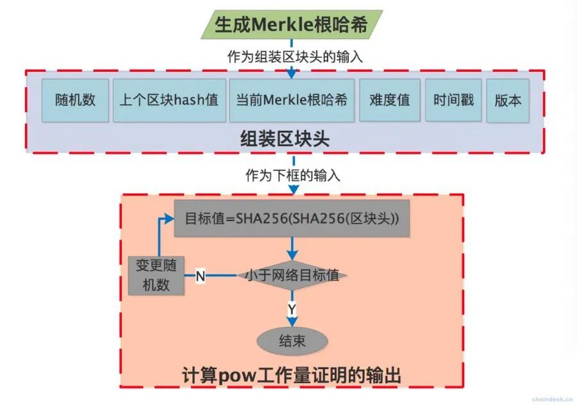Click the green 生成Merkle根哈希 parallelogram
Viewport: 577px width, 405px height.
(x=292, y=24)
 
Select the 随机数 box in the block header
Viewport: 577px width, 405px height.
(x=75, y=100)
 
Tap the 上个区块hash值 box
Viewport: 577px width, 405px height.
(x=169, y=100)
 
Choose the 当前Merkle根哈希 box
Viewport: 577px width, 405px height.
(x=292, y=100)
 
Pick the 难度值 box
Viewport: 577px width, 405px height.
(x=390, y=100)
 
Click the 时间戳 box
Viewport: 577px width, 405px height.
(x=453, y=100)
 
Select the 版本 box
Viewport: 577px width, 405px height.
(x=508, y=101)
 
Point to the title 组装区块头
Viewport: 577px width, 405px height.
(x=285, y=139)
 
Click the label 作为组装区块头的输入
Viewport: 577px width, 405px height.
(x=295, y=56)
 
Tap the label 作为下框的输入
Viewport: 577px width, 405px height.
(x=293, y=175)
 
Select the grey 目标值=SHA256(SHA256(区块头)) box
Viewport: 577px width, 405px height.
(x=292, y=219)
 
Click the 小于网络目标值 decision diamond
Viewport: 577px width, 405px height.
(x=292, y=276)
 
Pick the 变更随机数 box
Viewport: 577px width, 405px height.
(x=156, y=276)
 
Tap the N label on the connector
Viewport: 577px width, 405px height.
(x=201, y=276)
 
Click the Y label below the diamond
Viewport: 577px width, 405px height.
(x=292, y=309)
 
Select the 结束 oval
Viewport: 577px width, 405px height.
(x=292, y=341)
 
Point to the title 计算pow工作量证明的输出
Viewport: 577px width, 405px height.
(x=292, y=376)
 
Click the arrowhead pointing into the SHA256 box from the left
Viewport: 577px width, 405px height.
(x=169, y=219)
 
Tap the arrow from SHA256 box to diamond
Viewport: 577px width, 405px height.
(x=292, y=249)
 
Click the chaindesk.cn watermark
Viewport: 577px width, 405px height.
(x=553, y=399)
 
